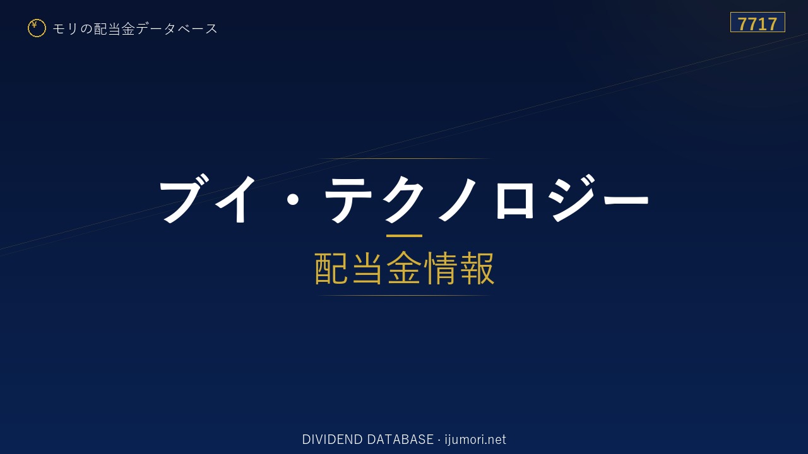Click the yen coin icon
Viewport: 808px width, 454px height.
click(x=37, y=28)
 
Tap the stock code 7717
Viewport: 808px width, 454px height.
click(x=757, y=24)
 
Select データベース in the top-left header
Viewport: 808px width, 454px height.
click(x=177, y=29)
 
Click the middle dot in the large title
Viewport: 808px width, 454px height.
click(x=292, y=199)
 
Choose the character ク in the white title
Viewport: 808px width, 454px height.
click(x=403, y=199)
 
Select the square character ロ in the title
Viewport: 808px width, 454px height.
click(x=514, y=200)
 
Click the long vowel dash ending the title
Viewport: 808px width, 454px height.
click(x=626, y=199)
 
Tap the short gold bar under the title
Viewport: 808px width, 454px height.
click(x=404, y=236)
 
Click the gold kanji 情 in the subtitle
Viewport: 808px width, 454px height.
click(x=441, y=268)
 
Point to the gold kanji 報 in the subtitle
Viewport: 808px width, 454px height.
click(x=477, y=268)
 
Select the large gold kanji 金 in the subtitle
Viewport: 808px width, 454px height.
click(x=404, y=268)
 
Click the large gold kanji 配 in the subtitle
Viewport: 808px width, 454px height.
click(x=331, y=268)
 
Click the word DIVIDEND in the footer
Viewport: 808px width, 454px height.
click(x=332, y=439)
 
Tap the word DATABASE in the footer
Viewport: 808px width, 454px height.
click(x=400, y=439)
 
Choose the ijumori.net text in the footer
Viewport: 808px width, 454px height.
click(x=475, y=439)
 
